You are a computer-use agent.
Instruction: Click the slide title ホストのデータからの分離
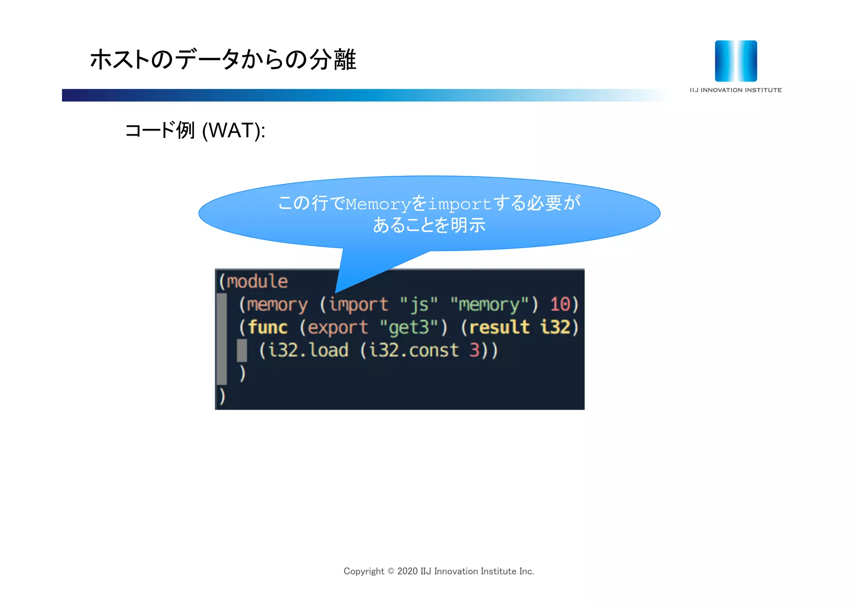[x=223, y=59]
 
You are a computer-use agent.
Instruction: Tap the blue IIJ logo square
[x=736, y=61]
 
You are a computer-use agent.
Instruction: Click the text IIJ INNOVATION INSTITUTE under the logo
[x=736, y=90]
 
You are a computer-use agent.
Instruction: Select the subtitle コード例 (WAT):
[x=195, y=131]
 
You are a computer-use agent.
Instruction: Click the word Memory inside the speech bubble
[x=378, y=204]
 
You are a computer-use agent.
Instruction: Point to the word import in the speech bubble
[x=459, y=204]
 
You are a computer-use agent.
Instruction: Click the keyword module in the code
[x=257, y=281]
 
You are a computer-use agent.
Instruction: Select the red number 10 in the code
[x=560, y=304]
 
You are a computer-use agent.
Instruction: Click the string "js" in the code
[x=419, y=304]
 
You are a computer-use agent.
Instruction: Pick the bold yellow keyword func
[x=268, y=327]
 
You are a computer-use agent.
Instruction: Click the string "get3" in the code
[x=409, y=327]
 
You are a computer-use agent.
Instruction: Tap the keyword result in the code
[x=499, y=327]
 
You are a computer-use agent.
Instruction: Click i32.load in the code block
[x=308, y=350]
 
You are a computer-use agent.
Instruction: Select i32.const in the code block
[x=414, y=350]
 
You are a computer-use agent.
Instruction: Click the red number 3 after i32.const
[x=474, y=350]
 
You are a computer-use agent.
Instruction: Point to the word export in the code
[x=338, y=327]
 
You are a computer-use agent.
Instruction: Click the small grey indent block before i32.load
[x=242, y=350]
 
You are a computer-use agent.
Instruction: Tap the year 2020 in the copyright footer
[x=407, y=571]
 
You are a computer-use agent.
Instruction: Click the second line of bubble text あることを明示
[x=429, y=225]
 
